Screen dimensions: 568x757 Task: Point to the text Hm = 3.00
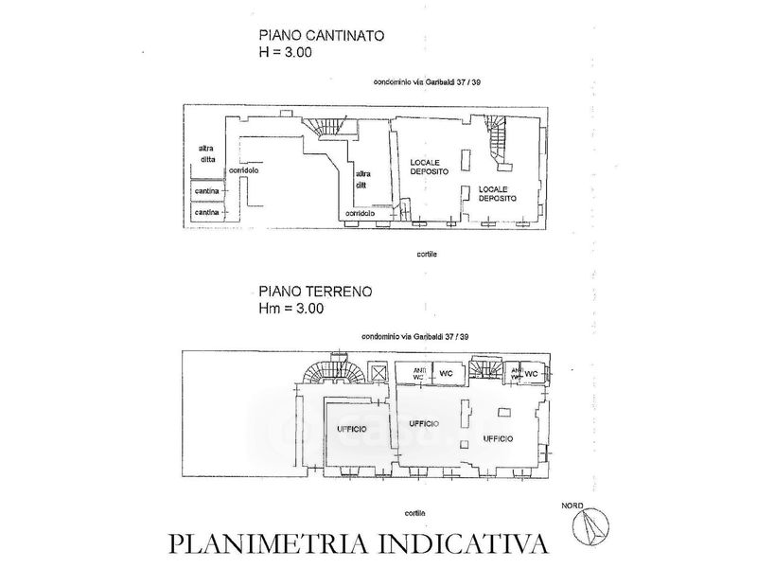291,308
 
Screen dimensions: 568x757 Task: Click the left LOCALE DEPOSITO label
430,167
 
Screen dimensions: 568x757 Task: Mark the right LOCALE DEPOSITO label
498,193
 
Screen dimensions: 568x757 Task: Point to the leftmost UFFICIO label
352,430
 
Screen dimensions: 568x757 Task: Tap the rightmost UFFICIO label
498,438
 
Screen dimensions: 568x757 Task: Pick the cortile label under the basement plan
427,255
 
